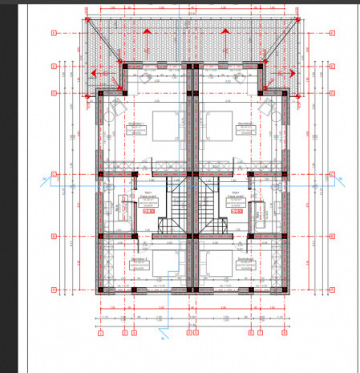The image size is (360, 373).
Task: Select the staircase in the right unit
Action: pos(209,205)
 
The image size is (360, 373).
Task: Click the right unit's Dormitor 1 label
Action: pos(245,125)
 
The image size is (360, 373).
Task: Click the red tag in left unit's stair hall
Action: pos(148,212)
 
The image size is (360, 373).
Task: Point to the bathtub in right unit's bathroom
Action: pos(259,212)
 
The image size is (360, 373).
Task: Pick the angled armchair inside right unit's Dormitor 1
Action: pos(267,109)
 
